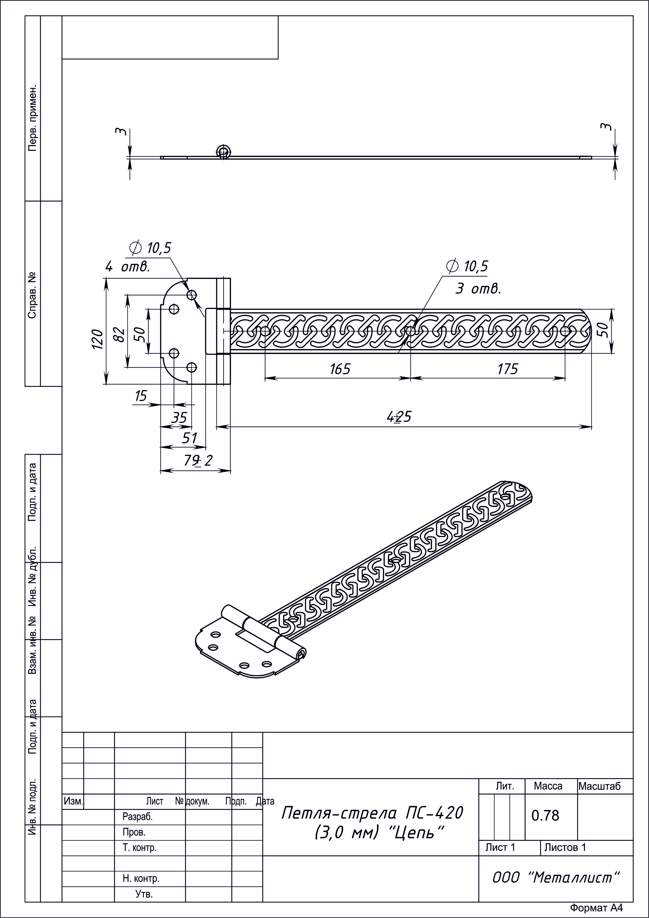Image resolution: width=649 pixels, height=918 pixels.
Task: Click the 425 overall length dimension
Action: (x=399, y=417)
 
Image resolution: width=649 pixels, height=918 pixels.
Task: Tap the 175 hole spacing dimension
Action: (x=508, y=369)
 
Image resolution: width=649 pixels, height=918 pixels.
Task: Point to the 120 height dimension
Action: (x=97, y=339)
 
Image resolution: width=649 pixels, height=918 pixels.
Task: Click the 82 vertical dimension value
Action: (x=119, y=334)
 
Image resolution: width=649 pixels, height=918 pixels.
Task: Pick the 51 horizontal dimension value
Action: (x=189, y=438)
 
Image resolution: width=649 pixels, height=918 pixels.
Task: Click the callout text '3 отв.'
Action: (x=478, y=288)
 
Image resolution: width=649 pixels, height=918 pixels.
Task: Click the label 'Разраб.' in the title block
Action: (x=137, y=817)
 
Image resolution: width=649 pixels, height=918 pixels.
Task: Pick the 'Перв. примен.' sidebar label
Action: (x=32, y=118)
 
